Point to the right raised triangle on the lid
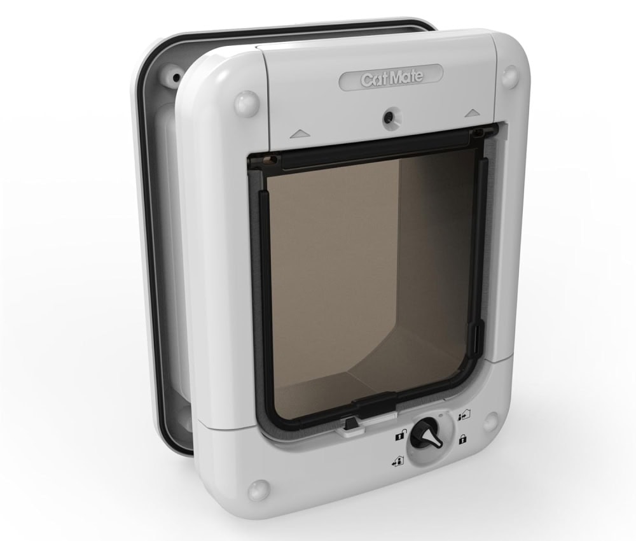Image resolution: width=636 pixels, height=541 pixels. point(471,113)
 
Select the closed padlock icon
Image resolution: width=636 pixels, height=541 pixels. point(462,439)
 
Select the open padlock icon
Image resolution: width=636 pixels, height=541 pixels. point(400,436)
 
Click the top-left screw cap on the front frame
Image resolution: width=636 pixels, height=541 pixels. point(246,104)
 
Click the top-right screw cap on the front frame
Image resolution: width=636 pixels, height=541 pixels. point(509,76)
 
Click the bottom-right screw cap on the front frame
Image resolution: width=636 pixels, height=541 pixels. point(490,421)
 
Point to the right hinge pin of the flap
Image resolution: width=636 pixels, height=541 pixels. point(490,132)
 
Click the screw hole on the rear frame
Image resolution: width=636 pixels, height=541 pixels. point(174,79)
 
